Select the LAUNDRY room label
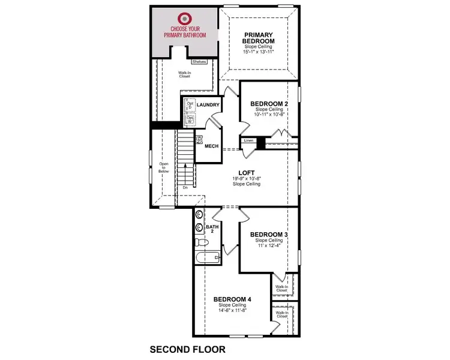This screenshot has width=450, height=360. point(208,105)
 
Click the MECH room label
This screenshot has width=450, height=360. point(211,146)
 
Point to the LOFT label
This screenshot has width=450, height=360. point(247,173)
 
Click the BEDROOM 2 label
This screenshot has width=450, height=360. point(269,104)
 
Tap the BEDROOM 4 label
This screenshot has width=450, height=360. point(233,299)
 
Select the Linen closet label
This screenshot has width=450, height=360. point(248,140)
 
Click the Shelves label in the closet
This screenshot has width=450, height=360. point(200,61)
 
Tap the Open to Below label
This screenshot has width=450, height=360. point(164,167)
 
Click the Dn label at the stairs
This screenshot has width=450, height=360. point(185,187)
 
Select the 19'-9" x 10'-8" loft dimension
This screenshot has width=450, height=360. point(247,179)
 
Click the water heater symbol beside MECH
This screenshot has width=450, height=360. point(199,139)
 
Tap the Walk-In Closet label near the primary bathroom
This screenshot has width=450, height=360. point(185,75)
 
